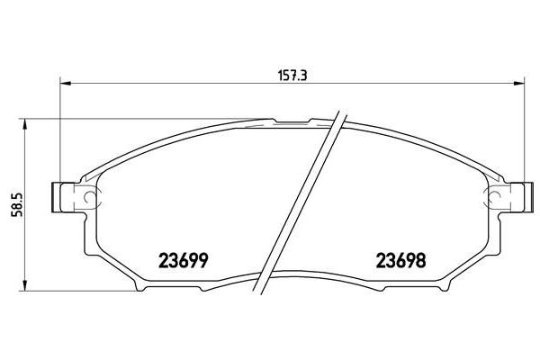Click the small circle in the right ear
492,197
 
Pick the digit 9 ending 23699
204,261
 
